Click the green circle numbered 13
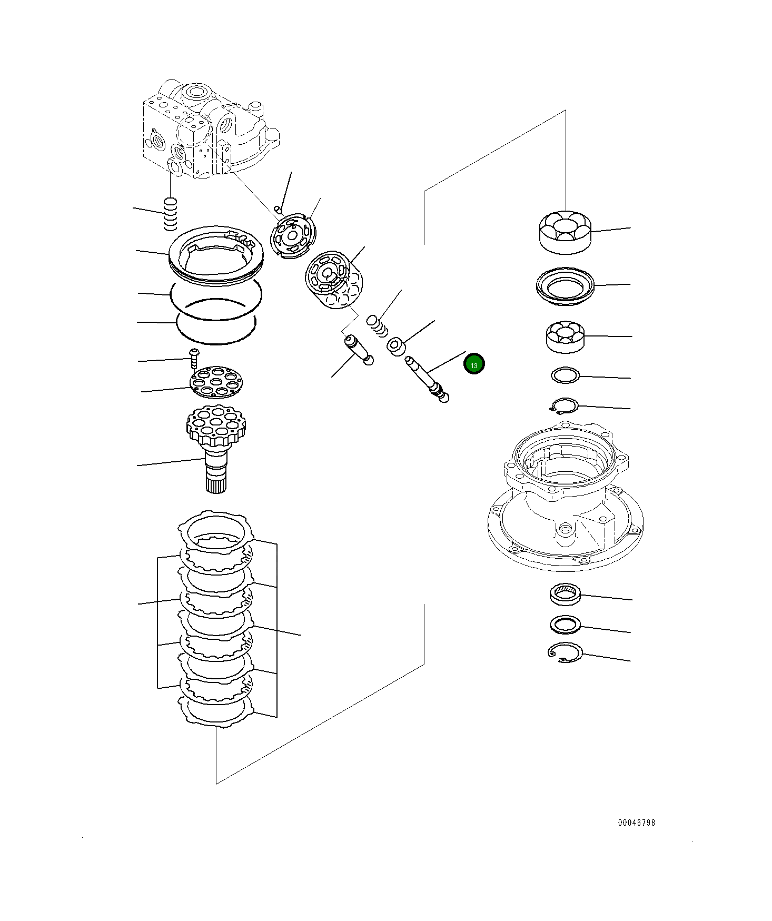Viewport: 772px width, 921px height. click(x=474, y=364)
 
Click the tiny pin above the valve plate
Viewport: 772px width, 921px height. click(x=280, y=211)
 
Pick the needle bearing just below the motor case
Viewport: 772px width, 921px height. click(x=565, y=593)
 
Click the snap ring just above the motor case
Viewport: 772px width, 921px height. click(x=563, y=405)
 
